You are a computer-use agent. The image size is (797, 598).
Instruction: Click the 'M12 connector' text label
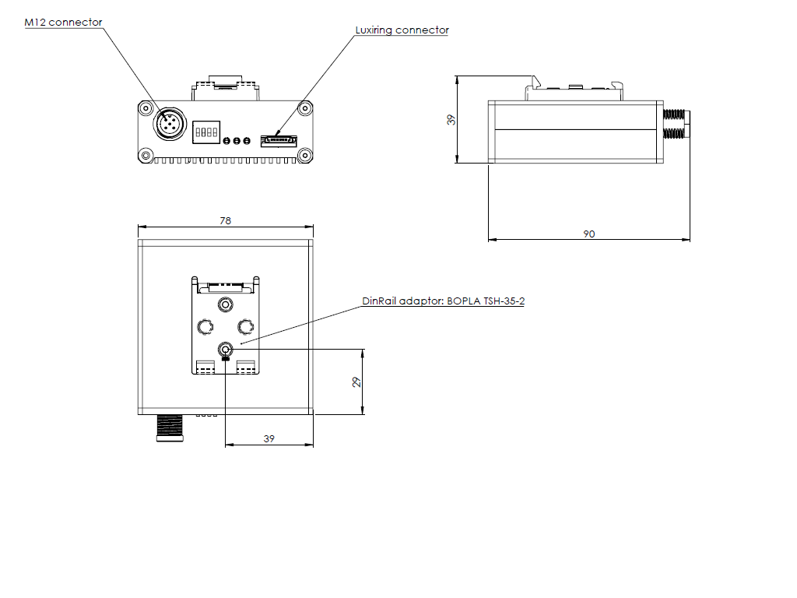click(63, 23)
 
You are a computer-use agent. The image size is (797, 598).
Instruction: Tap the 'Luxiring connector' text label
click(402, 30)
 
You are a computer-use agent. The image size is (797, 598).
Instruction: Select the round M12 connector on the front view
click(169, 125)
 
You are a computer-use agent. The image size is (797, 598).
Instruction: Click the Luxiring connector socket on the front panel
click(278, 140)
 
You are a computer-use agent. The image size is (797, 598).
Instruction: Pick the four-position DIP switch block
click(206, 132)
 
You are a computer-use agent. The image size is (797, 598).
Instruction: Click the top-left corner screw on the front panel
click(146, 108)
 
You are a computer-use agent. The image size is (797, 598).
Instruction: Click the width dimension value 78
click(225, 221)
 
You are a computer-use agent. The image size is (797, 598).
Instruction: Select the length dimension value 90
click(589, 234)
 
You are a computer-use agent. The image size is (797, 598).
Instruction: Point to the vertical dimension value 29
click(357, 382)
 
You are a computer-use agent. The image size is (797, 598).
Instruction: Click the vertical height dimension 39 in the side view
click(450, 120)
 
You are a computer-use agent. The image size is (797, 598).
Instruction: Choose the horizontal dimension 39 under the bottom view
click(269, 439)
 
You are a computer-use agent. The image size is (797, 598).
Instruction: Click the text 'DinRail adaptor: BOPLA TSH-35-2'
click(443, 301)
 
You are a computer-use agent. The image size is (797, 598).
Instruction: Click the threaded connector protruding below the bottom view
click(171, 427)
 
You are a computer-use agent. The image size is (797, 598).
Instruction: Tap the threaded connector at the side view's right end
click(676, 124)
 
